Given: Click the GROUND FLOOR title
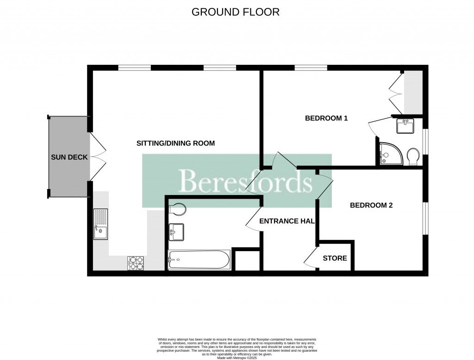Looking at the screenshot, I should click(x=236, y=12).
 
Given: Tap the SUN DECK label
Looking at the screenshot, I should click(x=69, y=158).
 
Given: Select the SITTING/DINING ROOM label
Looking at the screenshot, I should click(x=175, y=143).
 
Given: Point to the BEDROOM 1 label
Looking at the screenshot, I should click(x=326, y=118).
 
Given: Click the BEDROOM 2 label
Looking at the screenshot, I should click(x=371, y=205).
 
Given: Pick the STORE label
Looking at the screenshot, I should click(x=335, y=258).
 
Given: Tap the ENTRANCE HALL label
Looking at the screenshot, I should click(x=287, y=221).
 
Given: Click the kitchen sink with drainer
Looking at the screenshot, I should click(x=100, y=224).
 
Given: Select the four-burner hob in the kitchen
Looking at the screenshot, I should click(x=136, y=263).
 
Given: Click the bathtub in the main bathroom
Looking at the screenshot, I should click(x=199, y=260).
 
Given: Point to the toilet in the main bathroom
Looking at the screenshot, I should click(x=177, y=209).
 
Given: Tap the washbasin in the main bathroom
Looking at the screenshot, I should click(x=176, y=232).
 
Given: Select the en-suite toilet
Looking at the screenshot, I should click(x=413, y=157).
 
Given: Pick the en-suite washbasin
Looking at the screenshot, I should click(x=405, y=126).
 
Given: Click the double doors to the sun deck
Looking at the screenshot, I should click(x=98, y=158).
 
